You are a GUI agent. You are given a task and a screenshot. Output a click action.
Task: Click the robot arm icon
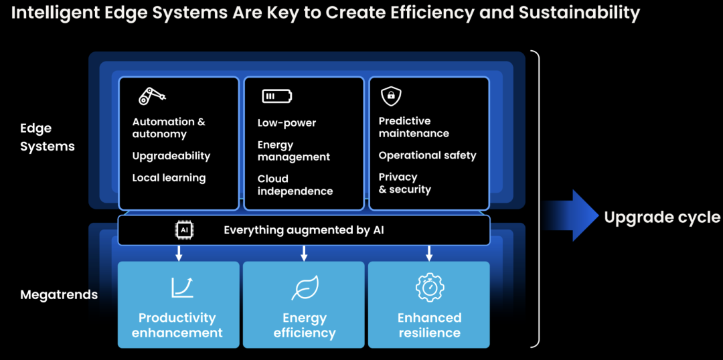pyautogui.click(x=151, y=96)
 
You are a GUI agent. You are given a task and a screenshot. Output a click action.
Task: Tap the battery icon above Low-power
pyautogui.click(x=276, y=96)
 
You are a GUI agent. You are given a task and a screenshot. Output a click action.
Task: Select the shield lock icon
pyautogui.click(x=390, y=96)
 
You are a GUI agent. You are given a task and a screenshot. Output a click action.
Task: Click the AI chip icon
pyautogui.click(x=183, y=230)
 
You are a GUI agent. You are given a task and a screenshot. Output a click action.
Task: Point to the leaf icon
pyautogui.click(x=305, y=288)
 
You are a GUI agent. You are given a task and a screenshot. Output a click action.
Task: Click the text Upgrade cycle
pyautogui.click(x=661, y=217)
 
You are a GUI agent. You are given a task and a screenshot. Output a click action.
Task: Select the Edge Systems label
pyautogui.click(x=47, y=137)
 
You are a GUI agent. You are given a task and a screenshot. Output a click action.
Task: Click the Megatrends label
pyautogui.click(x=59, y=294)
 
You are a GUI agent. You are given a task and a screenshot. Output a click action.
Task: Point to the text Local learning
pyautogui.click(x=169, y=178)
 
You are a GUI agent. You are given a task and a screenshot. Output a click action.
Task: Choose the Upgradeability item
pyautogui.click(x=171, y=156)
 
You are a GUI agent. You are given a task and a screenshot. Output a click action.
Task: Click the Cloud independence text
pyautogui.click(x=295, y=185)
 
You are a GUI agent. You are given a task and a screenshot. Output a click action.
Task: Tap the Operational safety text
pyautogui.click(x=427, y=155)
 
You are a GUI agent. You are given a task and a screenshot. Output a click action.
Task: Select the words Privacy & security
pyautogui.click(x=404, y=183)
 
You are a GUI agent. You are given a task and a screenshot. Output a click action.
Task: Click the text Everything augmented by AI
pyautogui.click(x=303, y=230)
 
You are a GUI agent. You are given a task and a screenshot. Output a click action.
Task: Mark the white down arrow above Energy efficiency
pyautogui.click(x=304, y=253)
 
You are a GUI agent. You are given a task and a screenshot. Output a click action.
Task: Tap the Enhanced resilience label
pyautogui.click(x=429, y=325)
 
